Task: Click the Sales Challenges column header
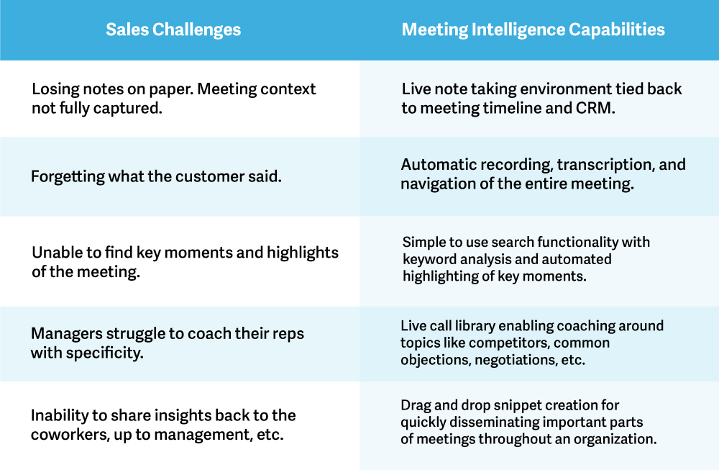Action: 173,30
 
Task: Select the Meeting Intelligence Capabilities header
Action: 533,30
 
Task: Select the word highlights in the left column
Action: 302,253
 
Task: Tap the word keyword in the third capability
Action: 431,258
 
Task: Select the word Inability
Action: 59,415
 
